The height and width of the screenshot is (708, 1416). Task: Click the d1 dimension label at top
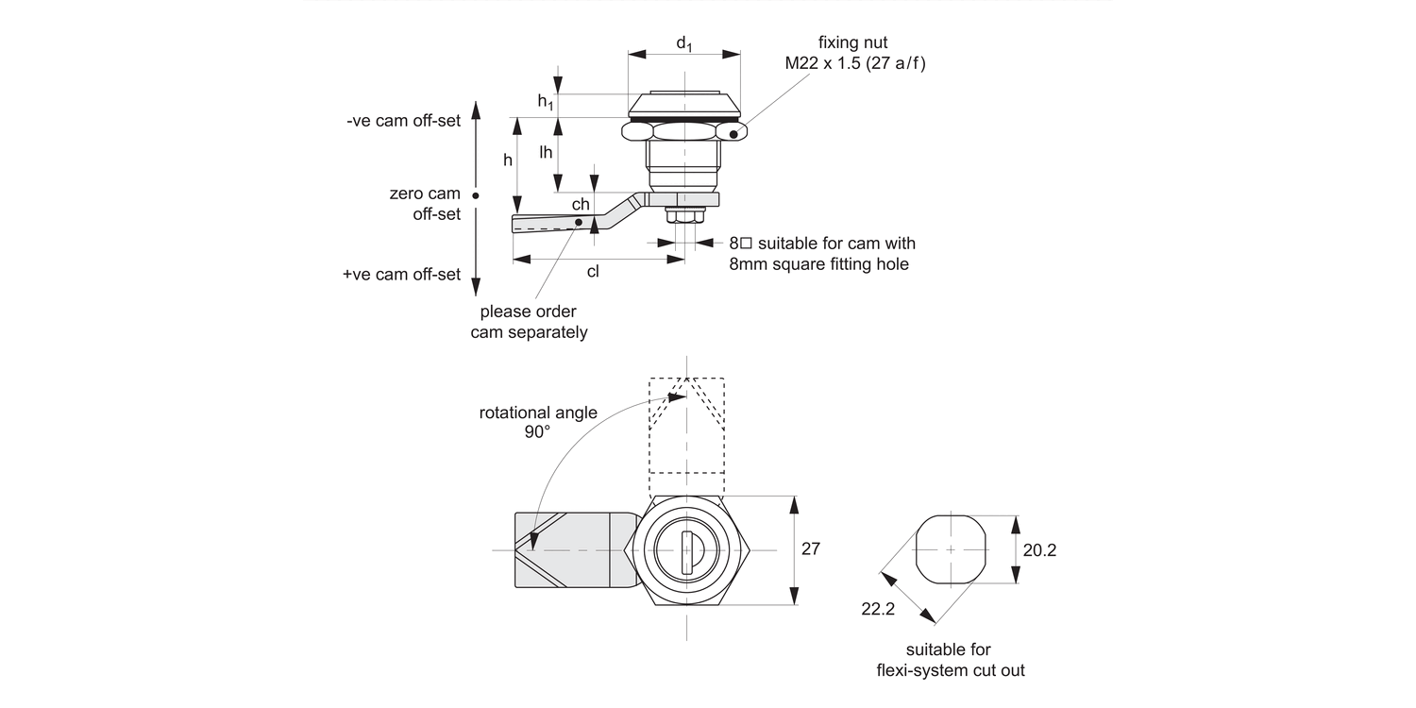point(684,43)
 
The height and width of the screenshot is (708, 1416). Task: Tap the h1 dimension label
point(545,102)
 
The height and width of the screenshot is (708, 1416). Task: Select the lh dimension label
point(545,152)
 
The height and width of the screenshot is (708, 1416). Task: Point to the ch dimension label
point(581,204)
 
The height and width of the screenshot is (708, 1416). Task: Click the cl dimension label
point(593,272)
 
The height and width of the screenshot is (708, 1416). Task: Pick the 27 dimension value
point(811,549)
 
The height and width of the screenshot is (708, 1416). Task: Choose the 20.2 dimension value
point(1038,550)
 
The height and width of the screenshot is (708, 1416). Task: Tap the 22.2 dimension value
point(877,610)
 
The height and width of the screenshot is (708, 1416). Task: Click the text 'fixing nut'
point(852,42)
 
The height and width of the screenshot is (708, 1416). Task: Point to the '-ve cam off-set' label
point(403,121)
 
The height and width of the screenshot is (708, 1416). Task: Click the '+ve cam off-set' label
point(402,275)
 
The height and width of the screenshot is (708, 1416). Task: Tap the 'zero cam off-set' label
point(425,204)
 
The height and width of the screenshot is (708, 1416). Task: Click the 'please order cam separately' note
point(529,322)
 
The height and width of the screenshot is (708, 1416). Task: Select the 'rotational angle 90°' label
point(538,422)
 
